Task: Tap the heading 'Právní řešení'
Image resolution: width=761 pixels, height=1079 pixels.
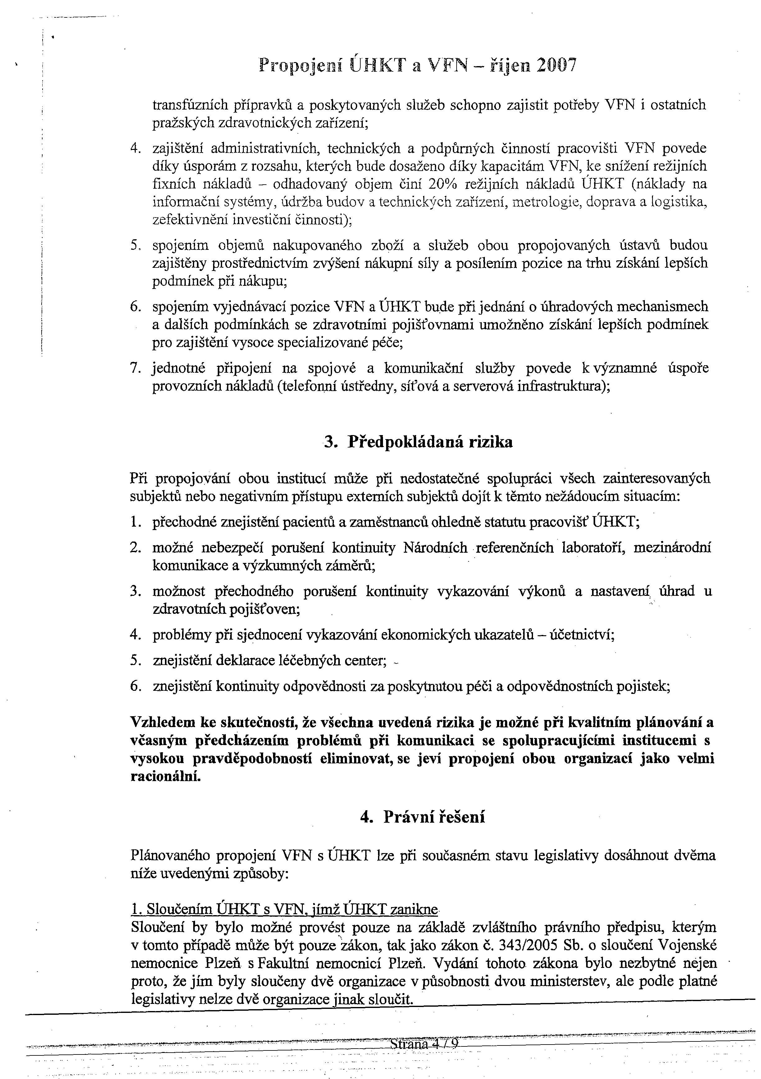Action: pos(434,817)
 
